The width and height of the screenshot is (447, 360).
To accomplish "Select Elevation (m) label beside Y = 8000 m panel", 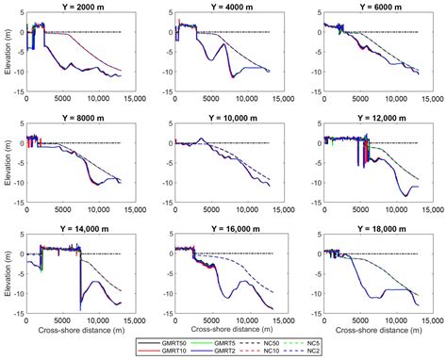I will (x=8, y=166).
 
